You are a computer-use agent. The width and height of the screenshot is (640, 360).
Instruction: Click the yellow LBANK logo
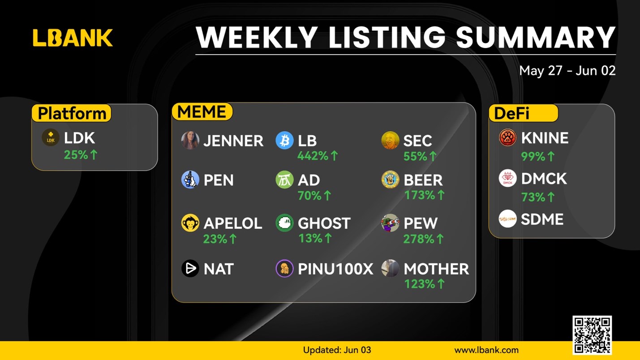(73, 38)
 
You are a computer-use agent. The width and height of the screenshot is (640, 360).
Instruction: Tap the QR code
(592, 335)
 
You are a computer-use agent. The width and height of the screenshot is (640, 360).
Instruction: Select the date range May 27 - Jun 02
(567, 71)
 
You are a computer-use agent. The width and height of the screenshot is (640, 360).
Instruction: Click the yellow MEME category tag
(202, 111)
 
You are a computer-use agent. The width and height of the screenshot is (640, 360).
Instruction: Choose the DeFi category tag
(523, 113)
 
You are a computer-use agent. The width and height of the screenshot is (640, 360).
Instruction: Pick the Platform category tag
(71, 113)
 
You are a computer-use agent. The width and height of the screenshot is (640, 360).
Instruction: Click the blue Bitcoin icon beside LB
(284, 140)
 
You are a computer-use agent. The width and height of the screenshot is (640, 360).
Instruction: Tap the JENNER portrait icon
(190, 140)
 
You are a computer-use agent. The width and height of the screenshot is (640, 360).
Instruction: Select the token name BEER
(423, 180)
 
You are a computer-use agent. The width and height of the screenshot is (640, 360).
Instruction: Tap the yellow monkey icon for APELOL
(190, 223)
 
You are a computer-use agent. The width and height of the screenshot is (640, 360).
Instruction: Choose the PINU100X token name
(335, 269)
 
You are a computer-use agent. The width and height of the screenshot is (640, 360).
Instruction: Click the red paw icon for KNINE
(508, 137)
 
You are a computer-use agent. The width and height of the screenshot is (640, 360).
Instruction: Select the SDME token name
(542, 219)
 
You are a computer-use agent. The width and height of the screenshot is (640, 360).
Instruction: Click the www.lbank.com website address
(486, 350)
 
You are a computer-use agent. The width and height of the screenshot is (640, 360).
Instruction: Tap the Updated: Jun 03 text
(337, 350)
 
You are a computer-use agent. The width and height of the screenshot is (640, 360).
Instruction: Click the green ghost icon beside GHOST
(284, 223)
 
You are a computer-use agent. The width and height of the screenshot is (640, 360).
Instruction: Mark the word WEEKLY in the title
(257, 37)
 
